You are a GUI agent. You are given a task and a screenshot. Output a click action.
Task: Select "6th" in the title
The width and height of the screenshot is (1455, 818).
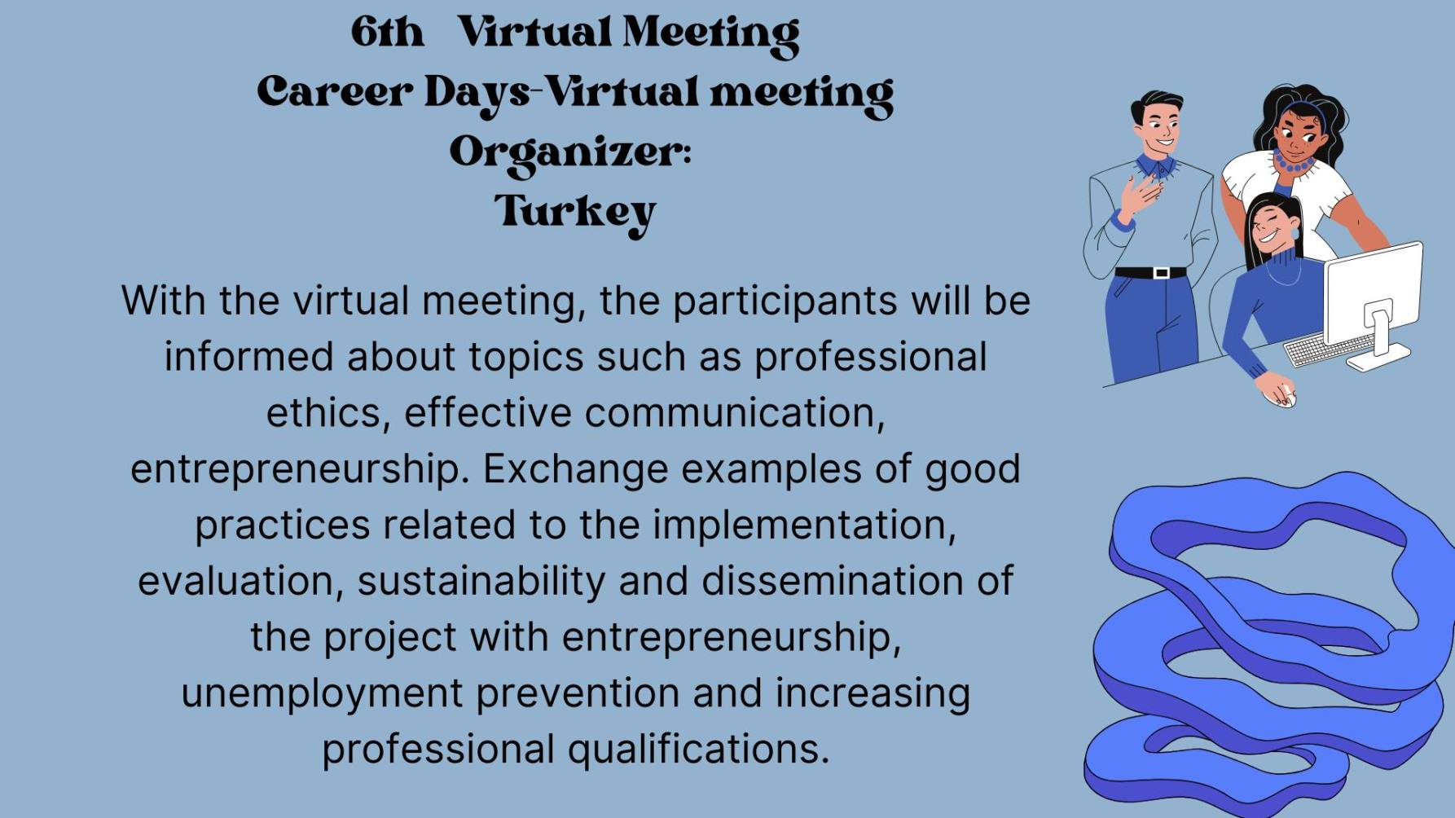[x=388, y=33]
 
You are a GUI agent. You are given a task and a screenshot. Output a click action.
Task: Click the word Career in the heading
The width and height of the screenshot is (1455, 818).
[x=334, y=91]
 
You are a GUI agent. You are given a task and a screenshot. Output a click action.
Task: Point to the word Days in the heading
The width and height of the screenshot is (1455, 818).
[x=477, y=95]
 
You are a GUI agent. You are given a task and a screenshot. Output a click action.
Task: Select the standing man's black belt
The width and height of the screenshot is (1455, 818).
[x=1150, y=273]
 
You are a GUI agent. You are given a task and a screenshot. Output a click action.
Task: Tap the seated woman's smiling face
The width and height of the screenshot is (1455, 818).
[x=1272, y=227]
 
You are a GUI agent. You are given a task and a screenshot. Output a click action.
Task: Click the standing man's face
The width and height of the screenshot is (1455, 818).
[x=1159, y=129]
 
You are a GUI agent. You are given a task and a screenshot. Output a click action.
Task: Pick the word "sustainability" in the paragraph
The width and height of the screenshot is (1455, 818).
[x=481, y=582]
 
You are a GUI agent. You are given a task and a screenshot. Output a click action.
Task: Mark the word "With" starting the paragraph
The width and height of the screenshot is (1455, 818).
[x=163, y=300]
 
